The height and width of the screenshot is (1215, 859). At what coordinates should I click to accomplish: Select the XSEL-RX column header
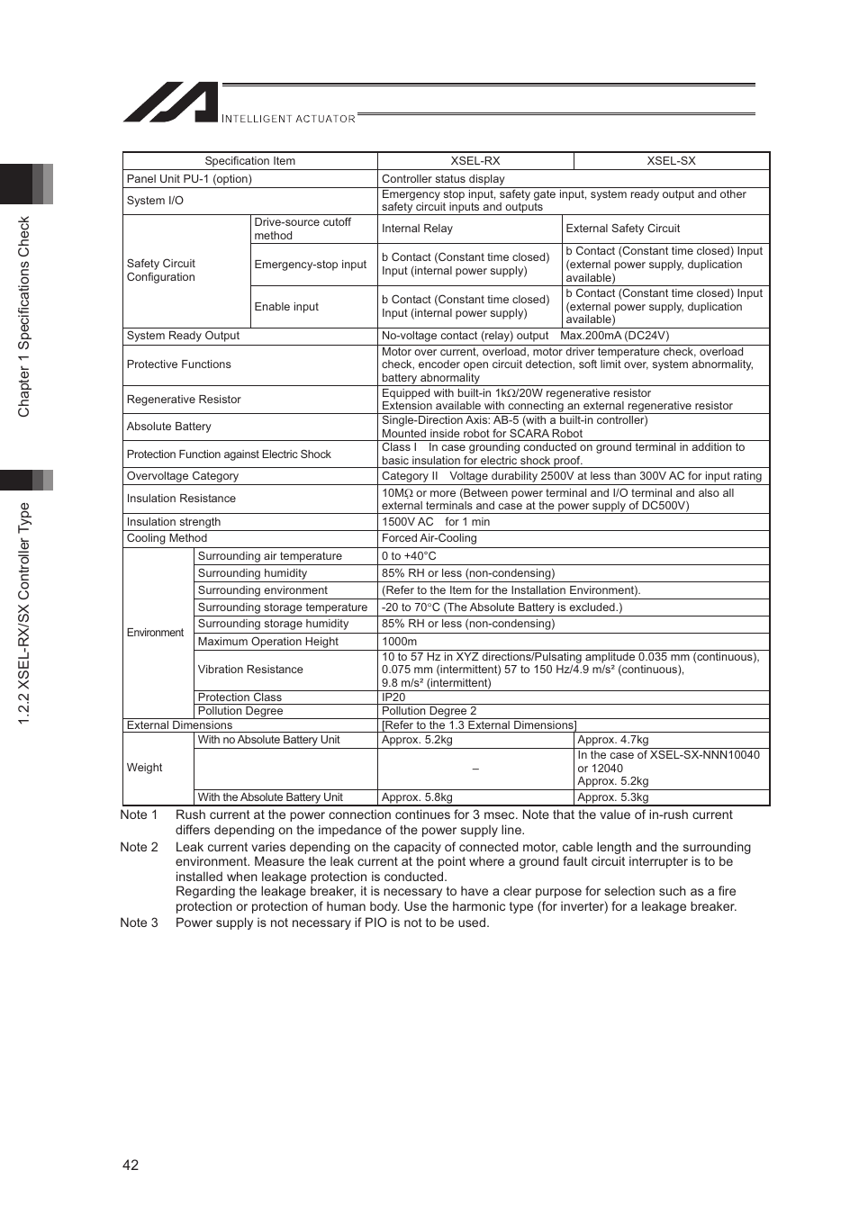pos(475,161)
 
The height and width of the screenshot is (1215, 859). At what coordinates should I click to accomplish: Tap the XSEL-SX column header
pos(671,161)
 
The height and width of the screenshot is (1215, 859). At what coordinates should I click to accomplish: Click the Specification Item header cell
pos(249,161)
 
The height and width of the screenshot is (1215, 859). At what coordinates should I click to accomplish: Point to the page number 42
pos(131,1165)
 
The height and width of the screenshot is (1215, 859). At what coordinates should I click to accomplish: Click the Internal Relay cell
pos(417,229)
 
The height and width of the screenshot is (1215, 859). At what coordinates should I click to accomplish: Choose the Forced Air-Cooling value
pos(429,538)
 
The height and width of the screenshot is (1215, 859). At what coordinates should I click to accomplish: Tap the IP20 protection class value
pos(393,697)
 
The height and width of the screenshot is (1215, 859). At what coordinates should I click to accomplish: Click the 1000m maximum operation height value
pos(399,642)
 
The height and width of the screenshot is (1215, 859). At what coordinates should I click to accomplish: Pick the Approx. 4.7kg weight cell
pos(612,740)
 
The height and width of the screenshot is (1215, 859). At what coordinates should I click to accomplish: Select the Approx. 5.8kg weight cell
pos(417,797)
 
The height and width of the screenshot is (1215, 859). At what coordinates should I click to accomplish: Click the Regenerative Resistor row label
pos(184,400)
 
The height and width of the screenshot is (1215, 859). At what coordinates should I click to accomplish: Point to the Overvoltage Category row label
pos(183,476)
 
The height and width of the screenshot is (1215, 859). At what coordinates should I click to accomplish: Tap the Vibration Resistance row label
pos(250,670)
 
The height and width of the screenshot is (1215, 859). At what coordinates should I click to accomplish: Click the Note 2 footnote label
pos(139,847)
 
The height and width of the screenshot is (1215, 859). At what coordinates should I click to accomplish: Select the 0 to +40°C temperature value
pos(409,556)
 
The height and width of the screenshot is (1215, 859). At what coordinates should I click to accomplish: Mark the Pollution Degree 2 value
pos(429,711)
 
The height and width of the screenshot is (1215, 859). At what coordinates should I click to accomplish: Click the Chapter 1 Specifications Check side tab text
pos(24,317)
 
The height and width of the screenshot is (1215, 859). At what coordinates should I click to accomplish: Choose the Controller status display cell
pos(443,179)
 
